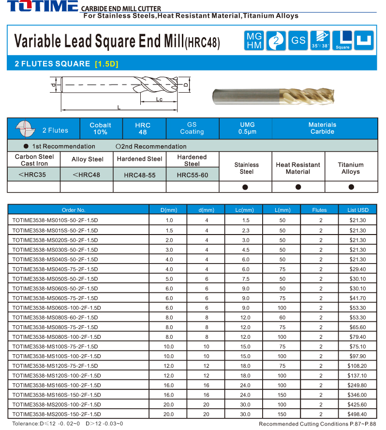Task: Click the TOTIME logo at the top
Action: (x=42, y=7)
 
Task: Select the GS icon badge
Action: (x=298, y=41)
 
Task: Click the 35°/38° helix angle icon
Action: (x=320, y=41)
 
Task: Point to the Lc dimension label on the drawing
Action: (x=159, y=99)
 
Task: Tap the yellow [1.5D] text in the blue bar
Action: (x=106, y=64)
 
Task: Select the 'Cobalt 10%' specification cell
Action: (x=100, y=128)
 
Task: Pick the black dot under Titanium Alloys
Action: (x=351, y=187)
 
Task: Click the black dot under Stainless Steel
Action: (x=245, y=187)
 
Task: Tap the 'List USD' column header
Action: (x=358, y=210)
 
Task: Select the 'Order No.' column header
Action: (x=74, y=210)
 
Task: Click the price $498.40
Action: (x=357, y=414)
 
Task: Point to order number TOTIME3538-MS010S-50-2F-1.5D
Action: (x=55, y=220)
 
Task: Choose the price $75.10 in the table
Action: (x=357, y=346)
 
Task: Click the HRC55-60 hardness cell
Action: (x=192, y=175)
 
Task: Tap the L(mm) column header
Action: (x=282, y=210)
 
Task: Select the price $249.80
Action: (x=357, y=385)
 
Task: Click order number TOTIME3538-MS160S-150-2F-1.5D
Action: (x=57, y=395)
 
